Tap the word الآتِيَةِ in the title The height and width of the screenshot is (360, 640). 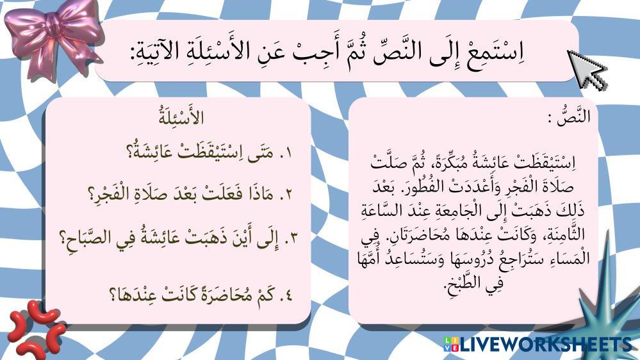tap(154, 53)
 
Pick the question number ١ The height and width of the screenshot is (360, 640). tap(286, 154)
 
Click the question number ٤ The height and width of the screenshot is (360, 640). tap(286, 295)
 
